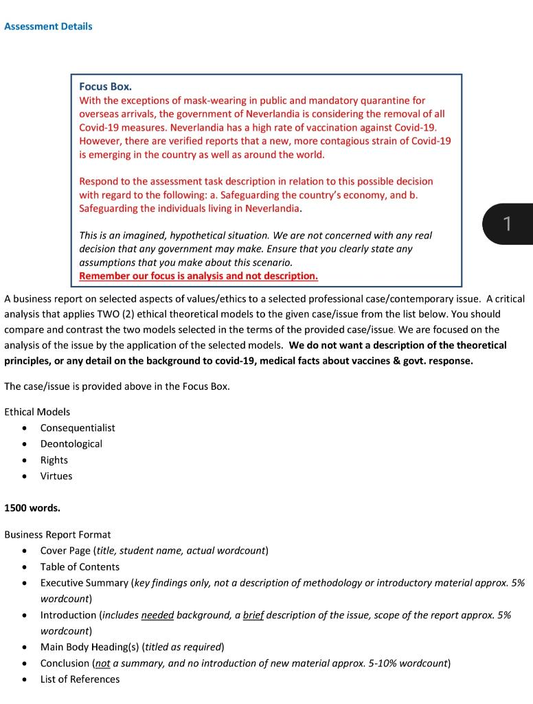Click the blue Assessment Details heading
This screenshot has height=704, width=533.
(x=48, y=27)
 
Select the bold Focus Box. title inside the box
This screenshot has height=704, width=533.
(x=105, y=87)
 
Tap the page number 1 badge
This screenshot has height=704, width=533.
(x=507, y=223)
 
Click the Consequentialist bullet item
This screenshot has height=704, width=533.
(x=78, y=428)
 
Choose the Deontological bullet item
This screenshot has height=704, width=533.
(x=71, y=444)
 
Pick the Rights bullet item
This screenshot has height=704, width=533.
(x=54, y=460)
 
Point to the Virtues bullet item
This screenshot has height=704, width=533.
(x=56, y=476)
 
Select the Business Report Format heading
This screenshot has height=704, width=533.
(x=58, y=534)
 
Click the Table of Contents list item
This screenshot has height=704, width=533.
(x=80, y=566)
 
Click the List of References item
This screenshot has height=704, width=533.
(x=80, y=679)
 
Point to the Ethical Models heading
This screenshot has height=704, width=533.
(x=37, y=412)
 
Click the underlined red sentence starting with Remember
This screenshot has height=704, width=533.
(x=199, y=276)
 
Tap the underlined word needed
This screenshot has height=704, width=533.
(x=157, y=615)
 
